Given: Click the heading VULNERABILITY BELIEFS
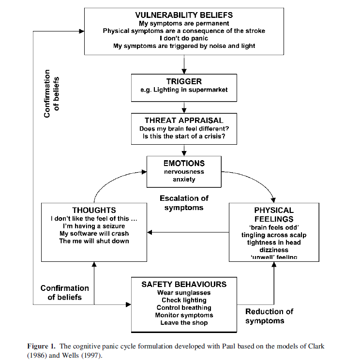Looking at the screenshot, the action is tap(184, 15).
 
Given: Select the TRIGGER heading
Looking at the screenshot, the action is tap(184, 81).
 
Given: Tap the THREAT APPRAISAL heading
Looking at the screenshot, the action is tap(184, 121).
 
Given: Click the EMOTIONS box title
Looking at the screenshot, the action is tap(184, 163).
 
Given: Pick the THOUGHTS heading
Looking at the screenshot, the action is tap(94, 210).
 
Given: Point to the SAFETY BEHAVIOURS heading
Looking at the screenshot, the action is tap(184, 284).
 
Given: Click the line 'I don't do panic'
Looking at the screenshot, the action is tap(184, 38).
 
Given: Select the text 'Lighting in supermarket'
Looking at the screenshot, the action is tap(190, 90).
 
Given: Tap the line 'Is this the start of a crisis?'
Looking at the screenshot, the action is tap(184, 136).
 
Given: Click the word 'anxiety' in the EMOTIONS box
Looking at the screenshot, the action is tap(184, 180).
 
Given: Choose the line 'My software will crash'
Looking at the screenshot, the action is tap(94, 233).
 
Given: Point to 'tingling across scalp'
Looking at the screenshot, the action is tap(274, 235).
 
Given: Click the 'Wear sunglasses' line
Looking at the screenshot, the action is tap(184, 293).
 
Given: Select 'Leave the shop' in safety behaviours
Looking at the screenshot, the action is tap(184, 323).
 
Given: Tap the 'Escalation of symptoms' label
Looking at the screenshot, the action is tap(184, 203).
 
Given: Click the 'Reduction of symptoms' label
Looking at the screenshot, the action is tap(269, 316).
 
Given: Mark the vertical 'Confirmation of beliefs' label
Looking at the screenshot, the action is tap(51, 93).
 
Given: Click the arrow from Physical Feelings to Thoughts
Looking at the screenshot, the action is tap(188, 232).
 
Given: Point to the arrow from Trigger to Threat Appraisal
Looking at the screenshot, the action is tap(184, 107).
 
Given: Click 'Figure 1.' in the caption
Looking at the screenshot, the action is tap(41, 347).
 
